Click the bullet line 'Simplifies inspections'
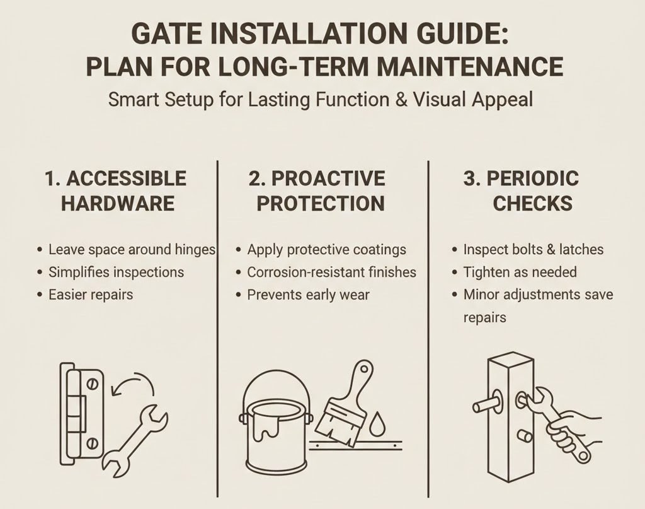(x=117, y=272)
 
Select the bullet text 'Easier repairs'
(x=91, y=294)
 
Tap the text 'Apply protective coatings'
(x=326, y=250)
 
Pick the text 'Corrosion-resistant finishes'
(x=331, y=272)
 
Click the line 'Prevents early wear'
(x=308, y=294)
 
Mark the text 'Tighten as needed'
(x=520, y=272)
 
